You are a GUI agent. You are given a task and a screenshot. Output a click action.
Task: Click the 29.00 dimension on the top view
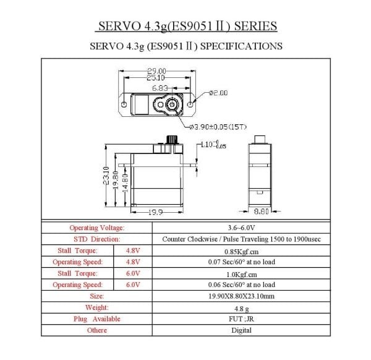click(156, 71)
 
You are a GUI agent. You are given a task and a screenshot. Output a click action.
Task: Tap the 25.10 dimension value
click(156, 78)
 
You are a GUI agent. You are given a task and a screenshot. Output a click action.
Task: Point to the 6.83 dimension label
click(159, 89)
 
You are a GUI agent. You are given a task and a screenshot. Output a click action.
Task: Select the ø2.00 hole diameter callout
click(219, 93)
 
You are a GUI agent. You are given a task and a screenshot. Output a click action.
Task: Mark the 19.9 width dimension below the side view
click(155, 212)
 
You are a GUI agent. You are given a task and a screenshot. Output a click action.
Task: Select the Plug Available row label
click(97, 319)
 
